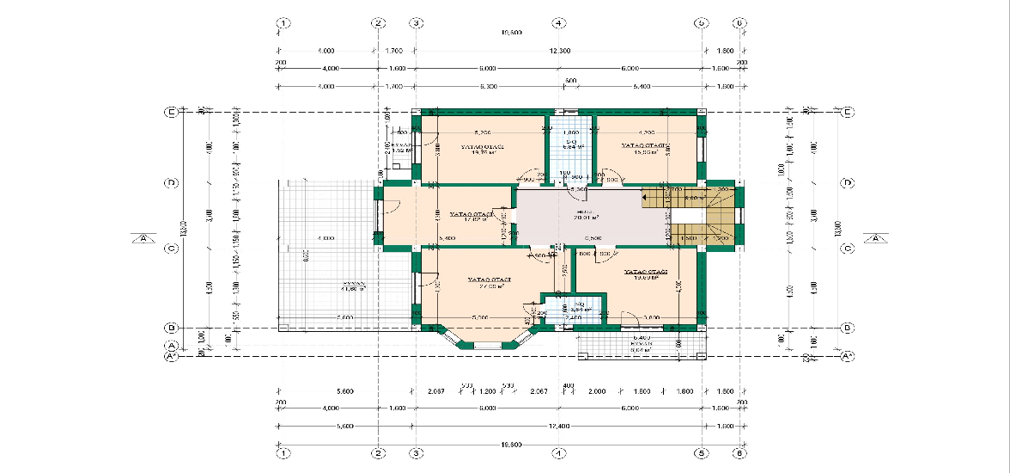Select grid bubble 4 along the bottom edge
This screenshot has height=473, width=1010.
coord(557,451)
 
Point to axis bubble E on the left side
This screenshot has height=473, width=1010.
coord(172,112)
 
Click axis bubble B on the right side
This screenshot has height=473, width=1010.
coord(847,328)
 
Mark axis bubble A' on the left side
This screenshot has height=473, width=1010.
coord(172,355)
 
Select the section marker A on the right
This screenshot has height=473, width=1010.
coord(876,238)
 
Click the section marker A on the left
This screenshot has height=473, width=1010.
coord(142,238)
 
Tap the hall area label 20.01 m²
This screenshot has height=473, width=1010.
coord(587,218)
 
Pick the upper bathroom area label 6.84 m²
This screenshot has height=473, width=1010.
coord(573,147)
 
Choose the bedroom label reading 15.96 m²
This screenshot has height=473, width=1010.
coord(645,154)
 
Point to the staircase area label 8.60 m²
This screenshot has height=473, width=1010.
coord(693,199)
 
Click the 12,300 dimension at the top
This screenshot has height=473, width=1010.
coord(559,51)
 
